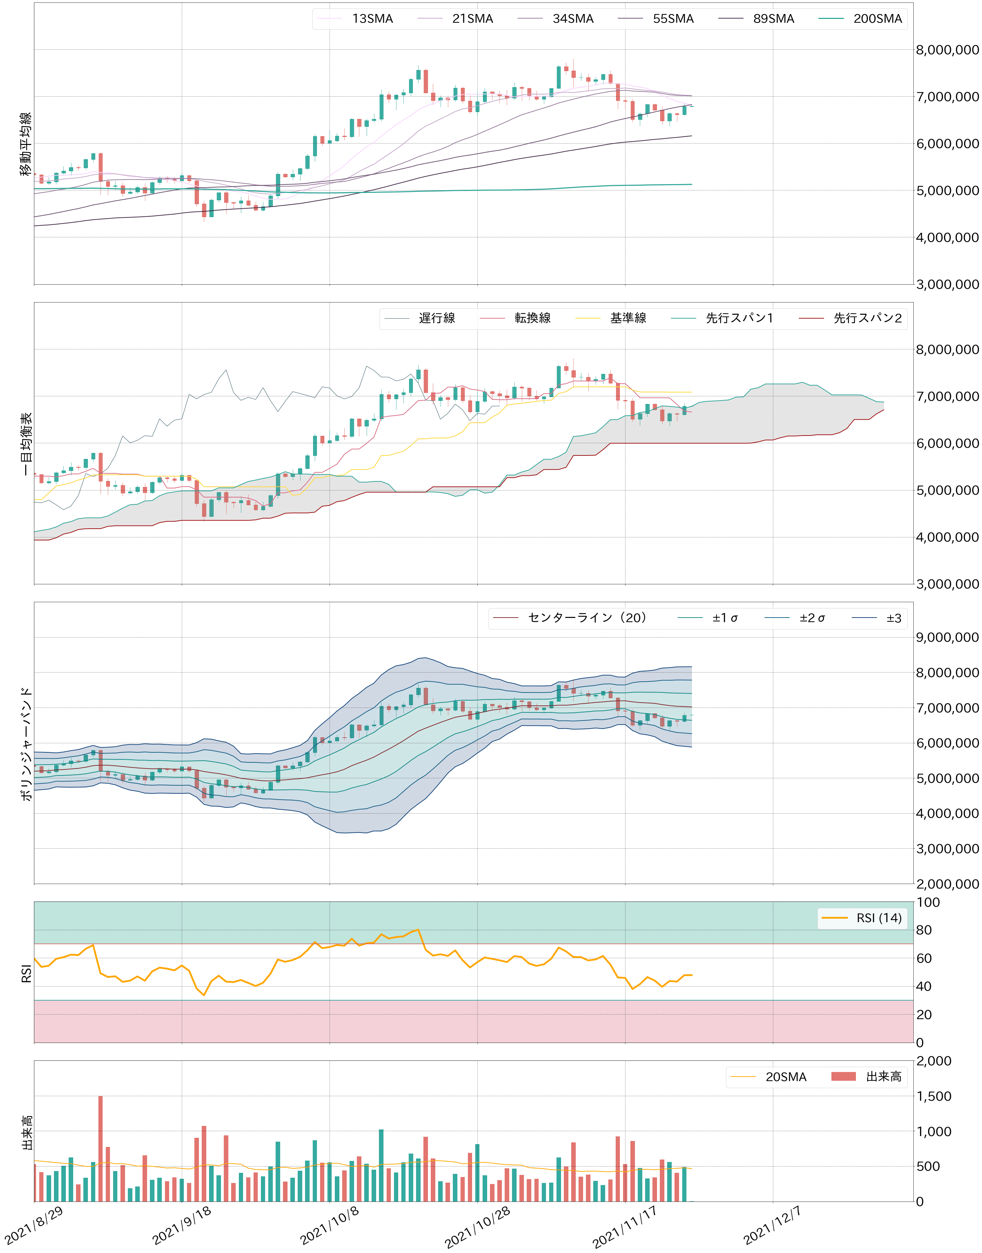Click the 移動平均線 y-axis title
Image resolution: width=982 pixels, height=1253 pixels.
pos(26,144)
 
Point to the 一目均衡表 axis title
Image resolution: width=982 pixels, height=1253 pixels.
pos(26,443)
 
